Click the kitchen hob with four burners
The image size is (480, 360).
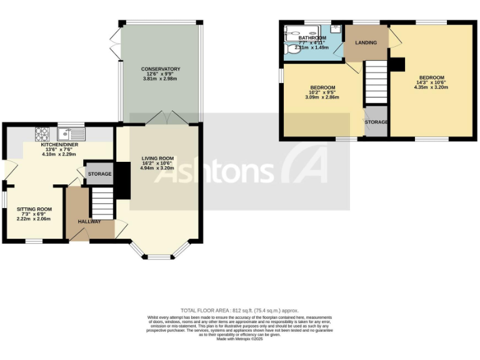click(42, 132)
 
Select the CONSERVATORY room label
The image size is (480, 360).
click(161, 69)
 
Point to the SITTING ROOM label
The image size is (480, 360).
click(34, 209)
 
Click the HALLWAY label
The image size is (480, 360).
click(89, 222)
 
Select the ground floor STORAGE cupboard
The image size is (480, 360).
click(99, 174)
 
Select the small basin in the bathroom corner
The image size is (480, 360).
click(336, 29)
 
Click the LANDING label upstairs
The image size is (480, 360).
click(366, 42)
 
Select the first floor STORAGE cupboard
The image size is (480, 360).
click(376, 122)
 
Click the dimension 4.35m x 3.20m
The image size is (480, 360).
click(431, 87)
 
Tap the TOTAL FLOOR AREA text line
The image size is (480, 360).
click(239, 311)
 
